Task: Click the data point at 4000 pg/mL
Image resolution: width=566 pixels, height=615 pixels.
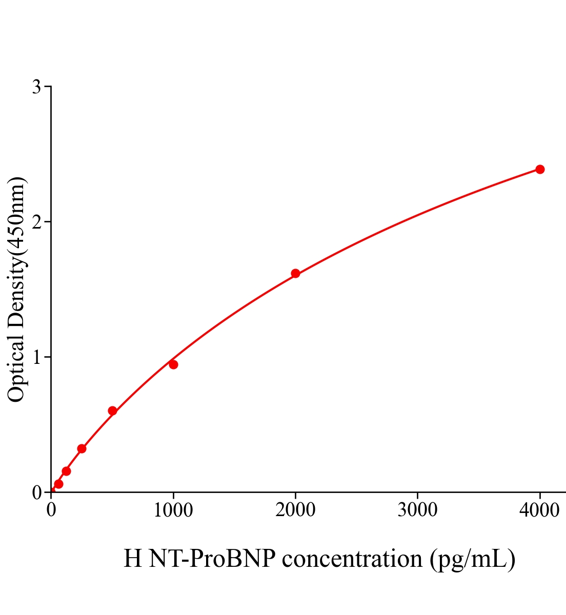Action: [540, 169]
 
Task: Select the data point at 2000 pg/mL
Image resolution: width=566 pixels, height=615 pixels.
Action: [295, 273]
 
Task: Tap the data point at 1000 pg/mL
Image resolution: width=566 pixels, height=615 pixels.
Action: [173, 364]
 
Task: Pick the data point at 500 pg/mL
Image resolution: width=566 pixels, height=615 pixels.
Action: [112, 411]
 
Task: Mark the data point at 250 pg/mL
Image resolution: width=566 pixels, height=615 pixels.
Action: [82, 448]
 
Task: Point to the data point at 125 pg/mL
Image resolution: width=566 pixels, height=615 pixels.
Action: [66, 471]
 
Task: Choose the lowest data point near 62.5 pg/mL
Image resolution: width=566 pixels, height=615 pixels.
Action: [58, 484]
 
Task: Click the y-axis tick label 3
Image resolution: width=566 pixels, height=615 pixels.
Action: [36, 87]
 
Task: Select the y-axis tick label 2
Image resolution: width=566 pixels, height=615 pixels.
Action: [36, 222]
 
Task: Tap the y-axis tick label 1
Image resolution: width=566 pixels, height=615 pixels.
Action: [36, 357]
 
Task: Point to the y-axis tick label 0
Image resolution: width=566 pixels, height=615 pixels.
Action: [36, 493]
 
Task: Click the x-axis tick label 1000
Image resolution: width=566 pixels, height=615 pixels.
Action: [173, 510]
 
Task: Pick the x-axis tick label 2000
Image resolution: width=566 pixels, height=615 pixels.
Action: [295, 510]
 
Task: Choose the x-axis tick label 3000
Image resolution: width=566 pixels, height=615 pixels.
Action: [417, 510]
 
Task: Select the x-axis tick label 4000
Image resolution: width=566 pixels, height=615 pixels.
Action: [539, 510]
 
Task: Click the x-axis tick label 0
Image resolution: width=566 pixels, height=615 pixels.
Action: [51, 510]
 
